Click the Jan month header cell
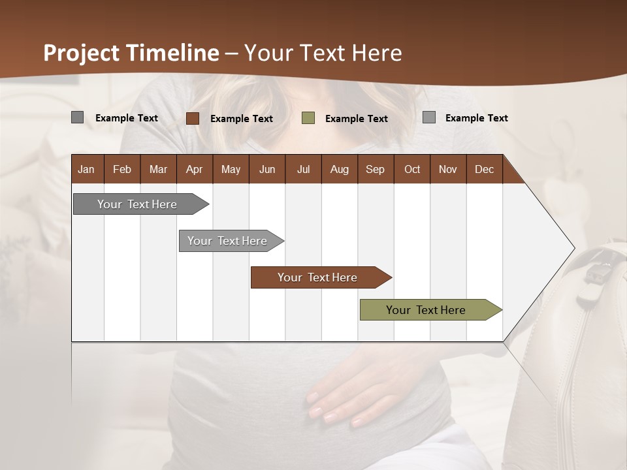[86, 169]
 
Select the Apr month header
[194, 169]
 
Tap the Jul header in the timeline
[303, 169]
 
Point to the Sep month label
[375, 169]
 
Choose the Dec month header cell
[484, 169]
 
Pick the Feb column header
[122, 169]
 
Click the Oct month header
[412, 169]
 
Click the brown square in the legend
[192, 118]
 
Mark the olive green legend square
[308, 118]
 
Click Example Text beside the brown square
[241, 119]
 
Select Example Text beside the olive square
[356, 119]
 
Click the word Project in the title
[82, 53]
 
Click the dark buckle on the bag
[595, 274]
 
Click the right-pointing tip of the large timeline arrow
[573, 248]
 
